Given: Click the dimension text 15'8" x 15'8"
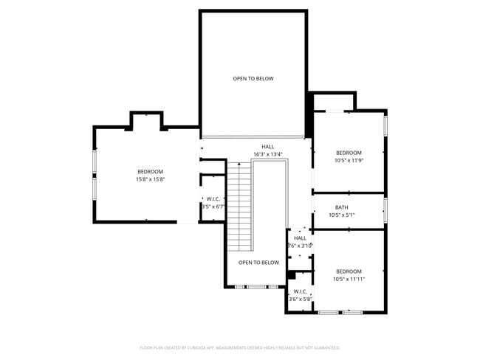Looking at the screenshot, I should [x=149, y=179].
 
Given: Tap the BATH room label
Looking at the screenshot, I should [x=341, y=207].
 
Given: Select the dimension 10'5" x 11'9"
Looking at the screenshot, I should [x=349, y=160].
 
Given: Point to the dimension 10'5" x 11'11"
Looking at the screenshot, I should [x=349, y=279].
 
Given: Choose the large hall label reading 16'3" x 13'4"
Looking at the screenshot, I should [x=267, y=154].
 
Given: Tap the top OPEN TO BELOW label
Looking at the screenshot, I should [x=253, y=78].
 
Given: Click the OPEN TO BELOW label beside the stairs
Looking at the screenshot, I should [x=258, y=263].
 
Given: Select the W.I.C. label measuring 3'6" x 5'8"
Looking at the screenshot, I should [x=300, y=300].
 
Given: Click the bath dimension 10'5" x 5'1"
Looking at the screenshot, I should [x=342, y=215].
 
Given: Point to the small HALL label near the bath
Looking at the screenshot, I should [x=300, y=238].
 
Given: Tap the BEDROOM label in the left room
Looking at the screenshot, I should [x=149, y=171].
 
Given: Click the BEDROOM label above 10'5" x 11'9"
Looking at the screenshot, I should [x=349, y=152].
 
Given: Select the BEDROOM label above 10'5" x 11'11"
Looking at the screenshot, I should [x=349, y=271].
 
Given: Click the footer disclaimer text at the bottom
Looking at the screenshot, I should [x=240, y=347].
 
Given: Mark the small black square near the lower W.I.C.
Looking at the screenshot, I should [x=291, y=276].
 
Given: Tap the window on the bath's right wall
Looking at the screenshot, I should [x=385, y=210].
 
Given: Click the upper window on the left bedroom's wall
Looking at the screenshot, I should [x=94, y=162].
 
